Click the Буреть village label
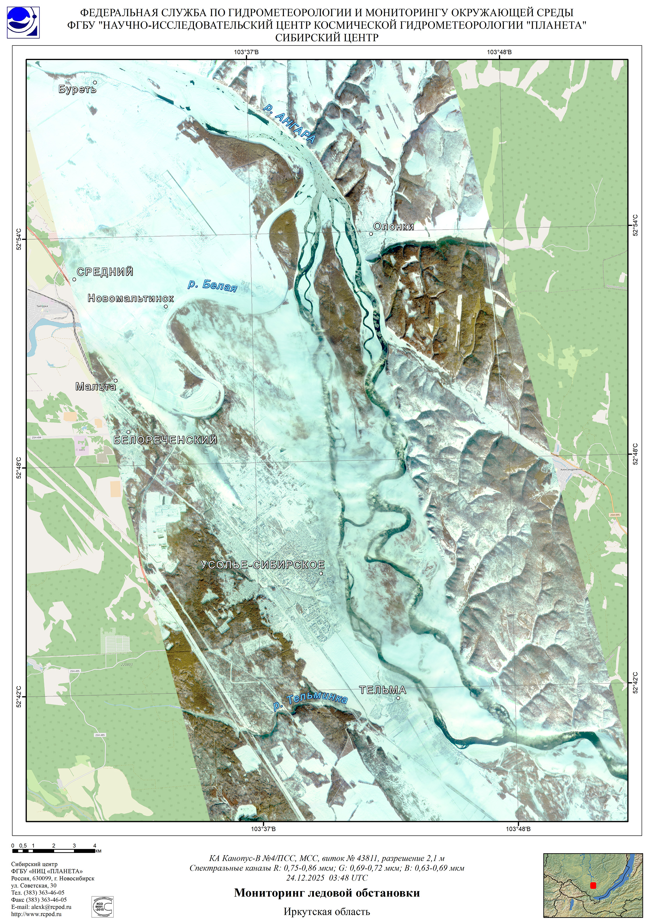click(77, 89)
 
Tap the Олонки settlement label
click(394, 226)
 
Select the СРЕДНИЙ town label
click(105, 272)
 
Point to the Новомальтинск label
click(131, 298)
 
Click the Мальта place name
click(96, 387)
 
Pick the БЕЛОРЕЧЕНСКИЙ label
click(165, 440)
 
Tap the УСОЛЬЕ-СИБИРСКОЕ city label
click(262, 565)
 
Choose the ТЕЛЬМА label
click(382, 690)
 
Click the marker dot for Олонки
click(371, 234)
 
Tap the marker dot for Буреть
click(95, 82)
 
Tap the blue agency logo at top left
click(23, 22)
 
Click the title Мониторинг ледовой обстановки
click(327, 893)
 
